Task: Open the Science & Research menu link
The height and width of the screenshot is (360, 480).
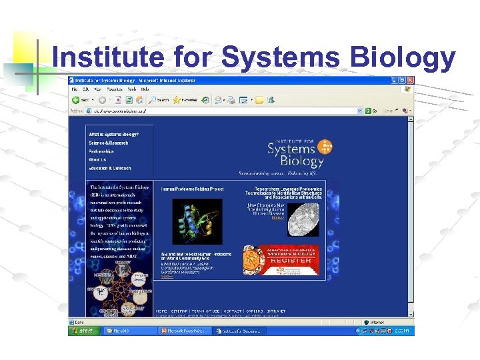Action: [x=109, y=143]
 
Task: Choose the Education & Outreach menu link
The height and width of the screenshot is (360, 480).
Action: [x=111, y=169]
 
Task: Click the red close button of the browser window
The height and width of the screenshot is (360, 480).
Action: [x=411, y=80]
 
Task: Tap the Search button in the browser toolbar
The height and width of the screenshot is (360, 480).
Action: [x=159, y=100]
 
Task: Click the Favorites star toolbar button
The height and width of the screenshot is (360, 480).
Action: [x=186, y=100]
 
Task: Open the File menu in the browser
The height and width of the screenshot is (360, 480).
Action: [x=75, y=89]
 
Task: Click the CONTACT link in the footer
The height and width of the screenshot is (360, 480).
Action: [x=233, y=311]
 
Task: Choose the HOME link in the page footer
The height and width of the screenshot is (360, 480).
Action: [x=162, y=311]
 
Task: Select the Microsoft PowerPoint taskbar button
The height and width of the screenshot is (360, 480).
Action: [x=185, y=331]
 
